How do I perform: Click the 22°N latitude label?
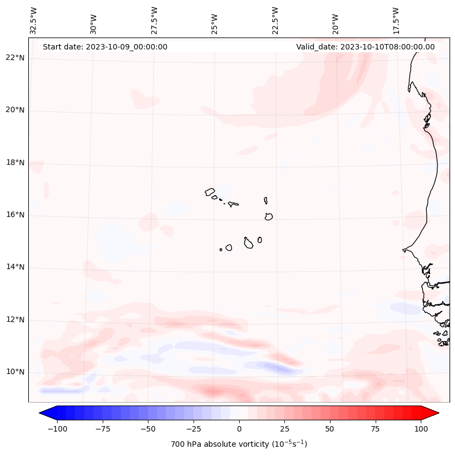pyautogui.click(x=15, y=58)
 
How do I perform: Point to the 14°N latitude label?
pyautogui.click(x=15, y=267)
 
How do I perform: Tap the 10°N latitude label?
pyautogui.click(x=15, y=372)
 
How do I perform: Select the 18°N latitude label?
pyautogui.click(x=15, y=163)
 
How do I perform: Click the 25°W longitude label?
pyautogui.click(x=215, y=21)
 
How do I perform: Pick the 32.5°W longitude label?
pyautogui.click(x=34, y=20)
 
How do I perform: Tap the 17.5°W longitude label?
pyautogui.click(x=395, y=20)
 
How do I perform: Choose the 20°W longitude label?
pyautogui.click(x=335, y=21)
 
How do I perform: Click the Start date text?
pyautogui.click(x=105, y=47)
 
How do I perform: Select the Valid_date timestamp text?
pyautogui.click(x=365, y=47)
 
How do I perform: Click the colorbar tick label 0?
pyautogui.click(x=239, y=429)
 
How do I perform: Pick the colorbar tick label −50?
pyautogui.click(x=147, y=429)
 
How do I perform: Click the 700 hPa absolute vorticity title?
pyautogui.click(x=239, y=444)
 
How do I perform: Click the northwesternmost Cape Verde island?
pyautogui.click(x=210, y=192)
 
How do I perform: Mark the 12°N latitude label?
pyautogui.click(x=15, y=320)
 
